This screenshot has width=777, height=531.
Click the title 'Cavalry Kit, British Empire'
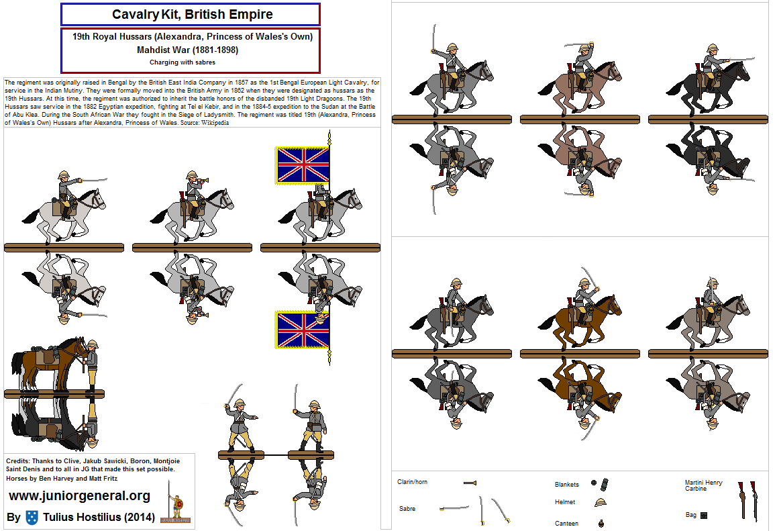click(192, 13)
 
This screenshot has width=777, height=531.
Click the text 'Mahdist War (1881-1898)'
click(192, 50)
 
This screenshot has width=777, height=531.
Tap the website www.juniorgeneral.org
click(79, 496)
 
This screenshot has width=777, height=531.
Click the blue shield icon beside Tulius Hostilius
click(32, 517)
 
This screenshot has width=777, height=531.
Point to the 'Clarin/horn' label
click(412, 482)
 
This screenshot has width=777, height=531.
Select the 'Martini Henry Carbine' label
click(704, 485)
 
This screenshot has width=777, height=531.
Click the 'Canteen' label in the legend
click(566, 523)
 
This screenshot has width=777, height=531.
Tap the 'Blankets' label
click(567, 484)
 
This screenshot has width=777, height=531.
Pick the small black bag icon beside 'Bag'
click(704, 516)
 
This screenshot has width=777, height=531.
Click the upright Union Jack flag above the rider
click(303, 165)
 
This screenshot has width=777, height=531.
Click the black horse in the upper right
click(711, 84)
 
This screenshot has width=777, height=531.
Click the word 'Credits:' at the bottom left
click(17, 461)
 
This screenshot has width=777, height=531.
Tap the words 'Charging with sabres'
click(192, 62)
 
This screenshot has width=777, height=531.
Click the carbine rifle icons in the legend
click(748, 500)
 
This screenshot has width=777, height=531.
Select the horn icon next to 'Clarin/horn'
click(469, 483)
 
